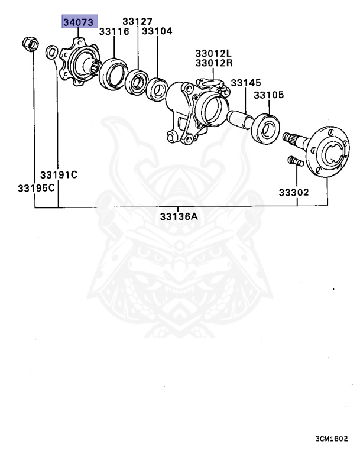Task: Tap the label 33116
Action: [114, 31]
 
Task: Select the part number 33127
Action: [138, 22]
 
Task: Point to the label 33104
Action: [157, 31]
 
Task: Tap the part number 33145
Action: [247, 84]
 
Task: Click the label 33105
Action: [269, 95]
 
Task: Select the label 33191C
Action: [59, 175]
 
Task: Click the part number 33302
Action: [294, 193]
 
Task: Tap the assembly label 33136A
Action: [179, 217]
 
